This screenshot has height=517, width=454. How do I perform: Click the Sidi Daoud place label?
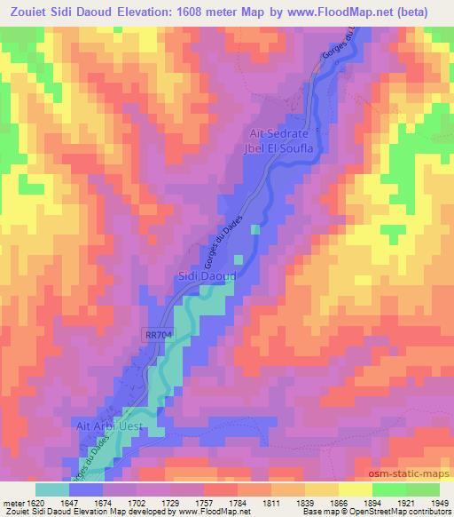[x=207, y=277]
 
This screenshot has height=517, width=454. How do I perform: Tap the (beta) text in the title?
[x=426, y=12]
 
